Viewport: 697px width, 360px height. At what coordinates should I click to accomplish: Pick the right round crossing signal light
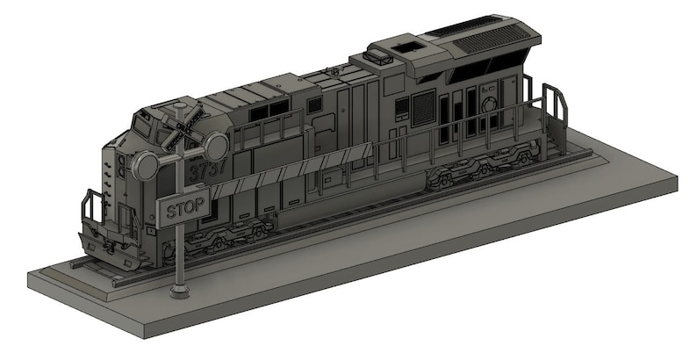tap(216, 146)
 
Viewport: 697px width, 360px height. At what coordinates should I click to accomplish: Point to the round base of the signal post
tap(179, 290)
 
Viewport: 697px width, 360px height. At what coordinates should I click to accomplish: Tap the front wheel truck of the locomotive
tap(234, 235)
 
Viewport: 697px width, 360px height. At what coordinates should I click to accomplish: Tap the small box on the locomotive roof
tap(379, 57)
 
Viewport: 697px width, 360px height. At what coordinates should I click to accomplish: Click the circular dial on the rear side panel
tap(491, 104)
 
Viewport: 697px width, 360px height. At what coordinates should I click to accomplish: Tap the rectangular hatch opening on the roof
tap(406, 43)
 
